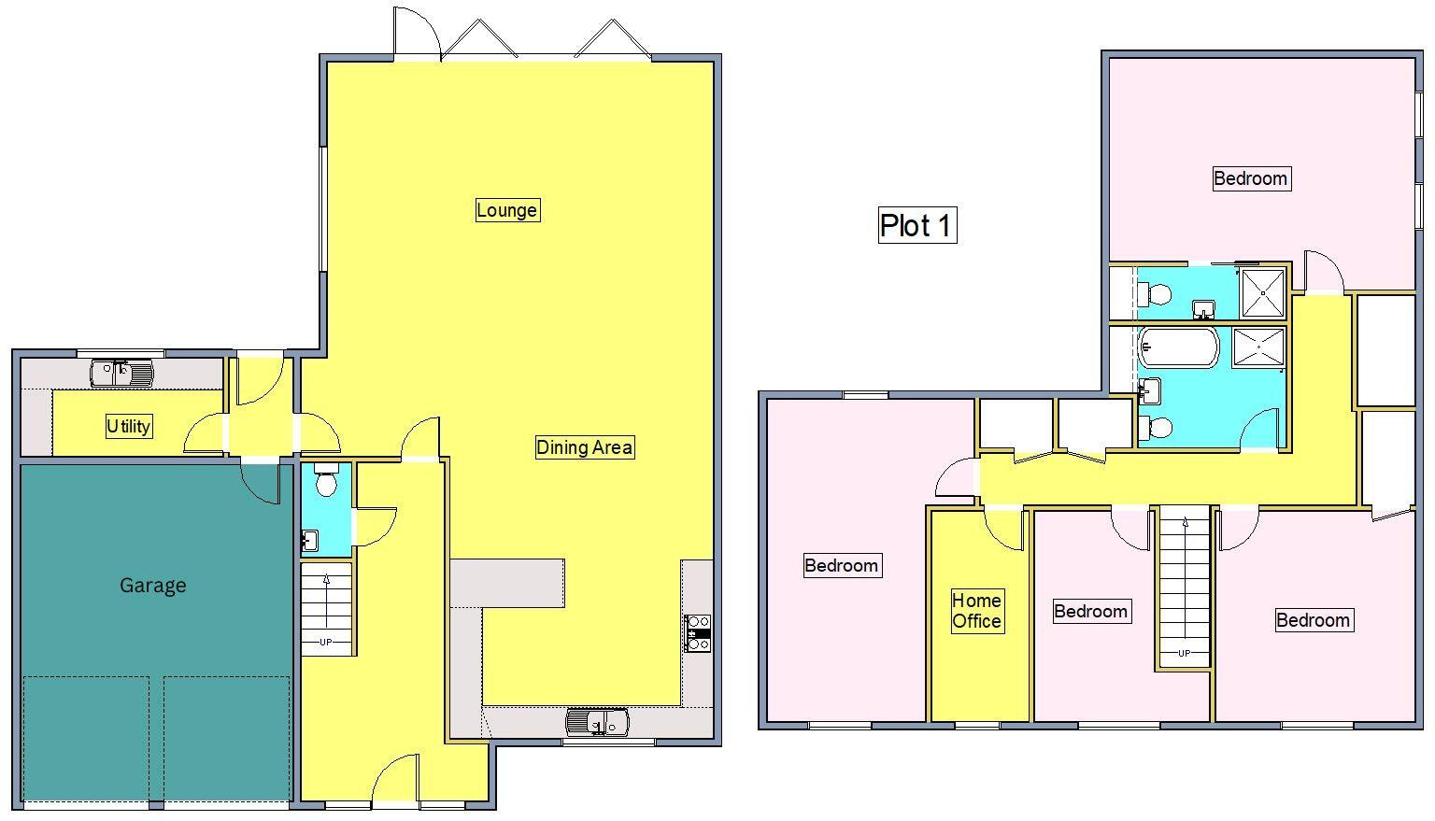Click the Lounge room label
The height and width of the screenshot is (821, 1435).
(506, 210)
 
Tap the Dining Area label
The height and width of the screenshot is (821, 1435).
(584, 447)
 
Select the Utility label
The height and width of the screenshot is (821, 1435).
(128, 427)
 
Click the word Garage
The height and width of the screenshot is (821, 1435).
(153, 586)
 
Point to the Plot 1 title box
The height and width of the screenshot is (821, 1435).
(916, 225)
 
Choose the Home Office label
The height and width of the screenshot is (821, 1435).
(976, 611)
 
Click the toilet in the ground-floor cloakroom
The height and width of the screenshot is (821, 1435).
(326, 482)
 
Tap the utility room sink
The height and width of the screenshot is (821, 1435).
(122, 374)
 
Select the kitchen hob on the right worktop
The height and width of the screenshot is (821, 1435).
(698, 632)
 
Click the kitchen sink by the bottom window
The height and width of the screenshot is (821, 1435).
(597, 722)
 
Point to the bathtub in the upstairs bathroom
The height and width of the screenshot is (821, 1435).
(1178, 347)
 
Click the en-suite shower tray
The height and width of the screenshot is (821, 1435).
(1262, 291)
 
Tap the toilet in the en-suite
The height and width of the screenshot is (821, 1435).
(1157, 296)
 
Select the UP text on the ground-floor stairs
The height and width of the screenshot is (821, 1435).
(325, 642)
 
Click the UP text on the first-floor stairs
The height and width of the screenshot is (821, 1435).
(1184, 653)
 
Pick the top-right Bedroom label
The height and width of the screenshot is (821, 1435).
(1250, 178)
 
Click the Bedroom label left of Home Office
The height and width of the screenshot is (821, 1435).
(841, 565)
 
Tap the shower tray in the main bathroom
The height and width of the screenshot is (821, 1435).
(1258, 347)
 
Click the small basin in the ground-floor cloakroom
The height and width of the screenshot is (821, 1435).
(309, 540)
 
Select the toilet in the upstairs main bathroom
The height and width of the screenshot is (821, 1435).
(1156, 428)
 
